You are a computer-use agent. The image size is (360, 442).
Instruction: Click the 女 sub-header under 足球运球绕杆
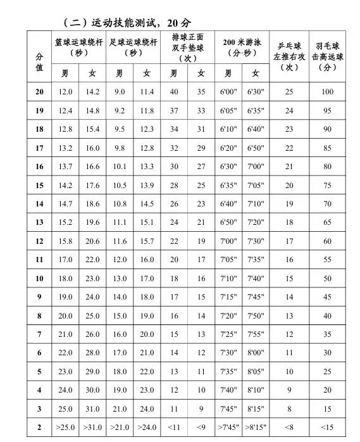tap(147, 73)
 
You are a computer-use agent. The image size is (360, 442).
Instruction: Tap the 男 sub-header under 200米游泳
tap(228, 73)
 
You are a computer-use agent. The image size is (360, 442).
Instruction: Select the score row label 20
tap(39, 92)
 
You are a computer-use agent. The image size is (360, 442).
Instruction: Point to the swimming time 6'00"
tap(228, 92)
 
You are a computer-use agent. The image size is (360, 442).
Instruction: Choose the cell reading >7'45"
tap(228, 428)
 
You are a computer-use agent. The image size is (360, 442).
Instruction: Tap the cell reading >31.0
tap(93, 428)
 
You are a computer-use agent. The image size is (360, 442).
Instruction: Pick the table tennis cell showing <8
tap(289, 428)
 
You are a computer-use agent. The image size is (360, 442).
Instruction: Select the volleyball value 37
tap(174, 111)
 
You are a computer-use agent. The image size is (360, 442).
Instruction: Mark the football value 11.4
tap(147, 92)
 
